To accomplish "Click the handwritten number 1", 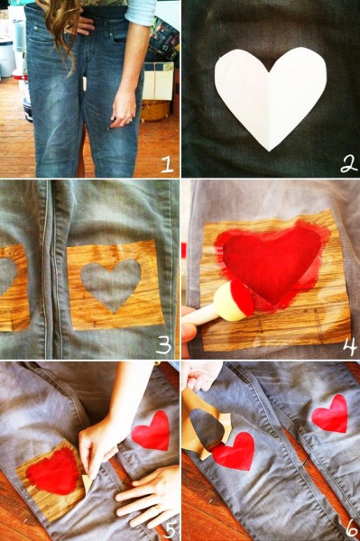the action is pos(168,164).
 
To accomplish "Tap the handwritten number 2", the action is pos(348,164).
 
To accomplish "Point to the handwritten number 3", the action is pos(163,345).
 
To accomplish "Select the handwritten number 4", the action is pos(350,347).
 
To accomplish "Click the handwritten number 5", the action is pos(169,529).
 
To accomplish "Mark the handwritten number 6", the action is pos(352,528).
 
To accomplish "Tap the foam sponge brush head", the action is pos(234,301).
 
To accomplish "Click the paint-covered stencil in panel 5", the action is pos(51,480).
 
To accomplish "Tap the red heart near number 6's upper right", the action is pos(330,414).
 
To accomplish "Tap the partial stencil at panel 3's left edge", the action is pos(13,288).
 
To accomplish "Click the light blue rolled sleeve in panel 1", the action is pos(141,12).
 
